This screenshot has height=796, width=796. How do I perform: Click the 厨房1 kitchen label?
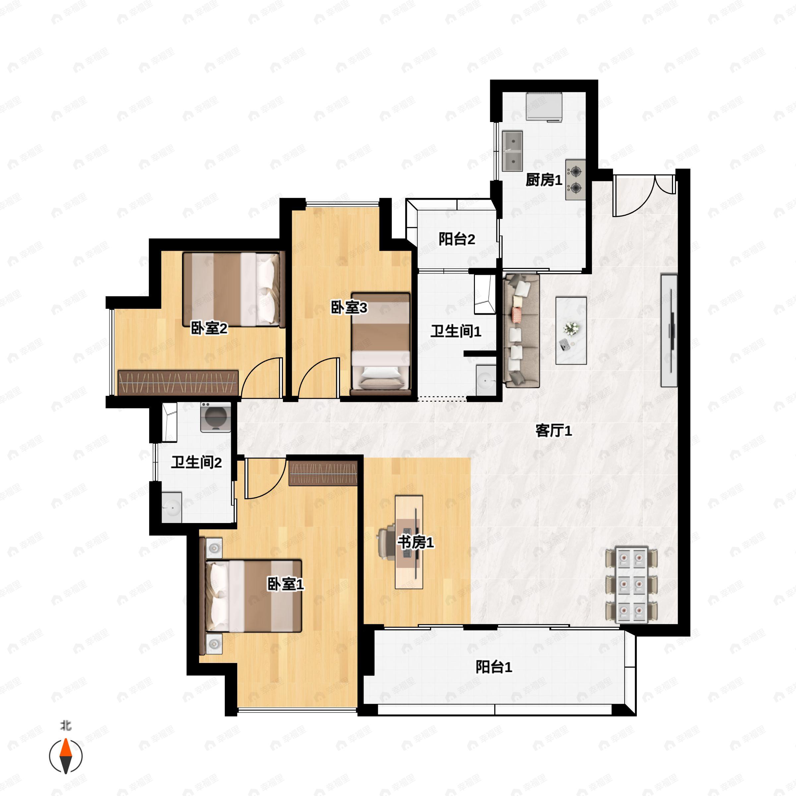544,180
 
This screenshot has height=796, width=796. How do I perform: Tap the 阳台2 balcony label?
456,239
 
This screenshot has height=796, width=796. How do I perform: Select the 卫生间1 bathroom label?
456,331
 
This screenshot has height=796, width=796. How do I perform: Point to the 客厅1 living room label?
553,431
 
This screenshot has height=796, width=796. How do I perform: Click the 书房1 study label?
415,543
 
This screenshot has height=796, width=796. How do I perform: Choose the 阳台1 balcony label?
494,667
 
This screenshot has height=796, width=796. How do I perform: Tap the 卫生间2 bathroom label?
196,462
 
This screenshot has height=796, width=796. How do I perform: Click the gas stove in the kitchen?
575,180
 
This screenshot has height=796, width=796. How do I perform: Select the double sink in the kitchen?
512,151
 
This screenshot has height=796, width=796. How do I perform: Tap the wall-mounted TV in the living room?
669,330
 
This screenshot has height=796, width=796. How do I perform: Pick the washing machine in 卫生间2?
216,417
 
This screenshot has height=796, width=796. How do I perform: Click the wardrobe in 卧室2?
178,382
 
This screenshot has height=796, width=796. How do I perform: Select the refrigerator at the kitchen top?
544,106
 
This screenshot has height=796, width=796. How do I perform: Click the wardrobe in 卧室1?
323,473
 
